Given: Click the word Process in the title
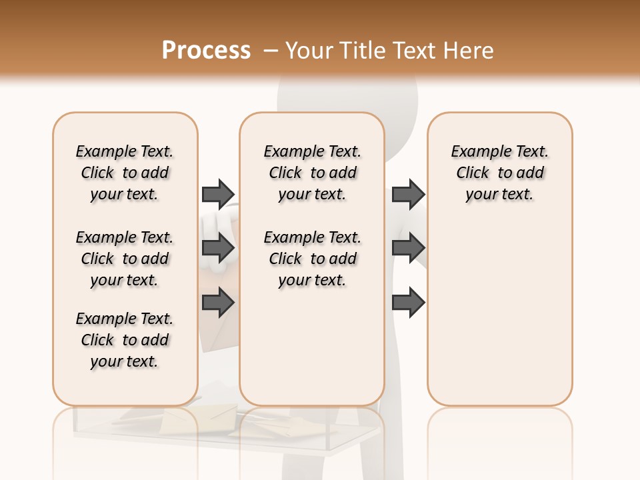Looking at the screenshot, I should pos(206,51).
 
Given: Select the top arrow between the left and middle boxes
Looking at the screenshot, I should pos(218,194).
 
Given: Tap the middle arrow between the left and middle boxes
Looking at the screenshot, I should pos(218,248).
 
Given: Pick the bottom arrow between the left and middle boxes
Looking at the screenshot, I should pos(218,303).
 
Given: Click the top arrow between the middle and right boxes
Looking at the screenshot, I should pos(408,194).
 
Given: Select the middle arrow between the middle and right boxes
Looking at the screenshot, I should pos(408,248).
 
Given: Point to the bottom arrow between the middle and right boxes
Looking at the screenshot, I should pos(408,303).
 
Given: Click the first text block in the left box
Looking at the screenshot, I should pos(125,173).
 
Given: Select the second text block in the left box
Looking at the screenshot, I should pos(125,259).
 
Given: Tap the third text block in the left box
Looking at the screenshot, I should pos(125,340).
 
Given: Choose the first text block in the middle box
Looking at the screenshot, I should pos(312,173).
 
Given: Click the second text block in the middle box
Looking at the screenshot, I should pos(312,259).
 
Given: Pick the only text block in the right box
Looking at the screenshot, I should pos(499,173).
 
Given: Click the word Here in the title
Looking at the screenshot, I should pos(469,51).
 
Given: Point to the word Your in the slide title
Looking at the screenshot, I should pos(310,51).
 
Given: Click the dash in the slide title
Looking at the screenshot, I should pos(271,51).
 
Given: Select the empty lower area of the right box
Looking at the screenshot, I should pos(499,313).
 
